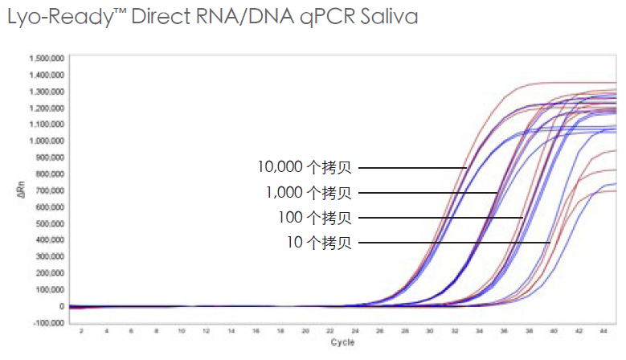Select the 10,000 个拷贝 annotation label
[x=305, y=168]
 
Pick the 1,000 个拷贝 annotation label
[x=309, y=193]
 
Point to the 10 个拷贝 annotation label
[x=319, y=243]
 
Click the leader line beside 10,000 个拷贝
[x=412, y=168]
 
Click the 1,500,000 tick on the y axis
[x=47, y=59]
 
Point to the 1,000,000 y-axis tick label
[x=47, y=141]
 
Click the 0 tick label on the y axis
[x=61, y=306]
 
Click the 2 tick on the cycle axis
[x=82, y=330]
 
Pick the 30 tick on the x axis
[x=428, y=330]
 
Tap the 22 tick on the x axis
[x=329, y=330]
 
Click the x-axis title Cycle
[x=342, y=342]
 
